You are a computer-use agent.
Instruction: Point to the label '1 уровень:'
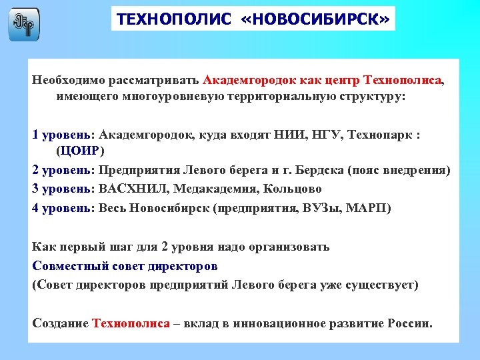tap(63, 135)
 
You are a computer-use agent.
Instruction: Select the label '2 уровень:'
tap(63, 171)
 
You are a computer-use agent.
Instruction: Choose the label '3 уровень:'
tap(63, 189)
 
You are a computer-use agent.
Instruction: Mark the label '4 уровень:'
tap(63, 208)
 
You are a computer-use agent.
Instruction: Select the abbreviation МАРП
tap(369, 208)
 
